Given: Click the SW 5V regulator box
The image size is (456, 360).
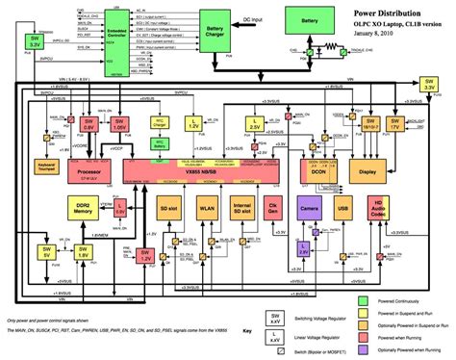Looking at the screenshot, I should coord(45,253).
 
